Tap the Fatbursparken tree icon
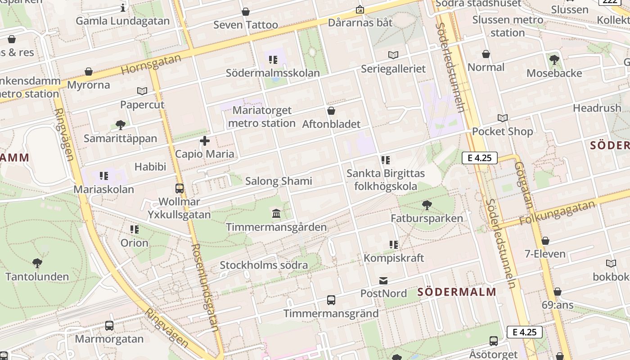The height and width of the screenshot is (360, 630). point(427,205)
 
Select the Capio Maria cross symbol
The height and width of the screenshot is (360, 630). point(205,141)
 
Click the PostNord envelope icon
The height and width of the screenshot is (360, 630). point(383,281)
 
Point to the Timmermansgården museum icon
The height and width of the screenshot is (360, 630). point(276,213)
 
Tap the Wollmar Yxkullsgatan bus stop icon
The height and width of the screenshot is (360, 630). point(180,189)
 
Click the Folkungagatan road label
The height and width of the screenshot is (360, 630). point(557,213)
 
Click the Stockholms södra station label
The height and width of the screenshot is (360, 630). point(264,265)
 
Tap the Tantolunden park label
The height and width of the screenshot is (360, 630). point(37,276)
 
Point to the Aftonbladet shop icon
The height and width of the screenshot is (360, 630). point(331,111)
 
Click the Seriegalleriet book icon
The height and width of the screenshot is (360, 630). point(393,55)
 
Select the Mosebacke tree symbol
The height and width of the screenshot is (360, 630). point(554,59)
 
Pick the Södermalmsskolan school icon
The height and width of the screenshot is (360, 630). point(273,59)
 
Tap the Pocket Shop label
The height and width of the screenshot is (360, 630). point(502,131)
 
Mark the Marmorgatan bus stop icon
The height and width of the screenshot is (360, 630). point(109,325)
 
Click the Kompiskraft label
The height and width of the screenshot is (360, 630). point(394,258)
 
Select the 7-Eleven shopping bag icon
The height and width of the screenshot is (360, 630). point(545,241)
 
